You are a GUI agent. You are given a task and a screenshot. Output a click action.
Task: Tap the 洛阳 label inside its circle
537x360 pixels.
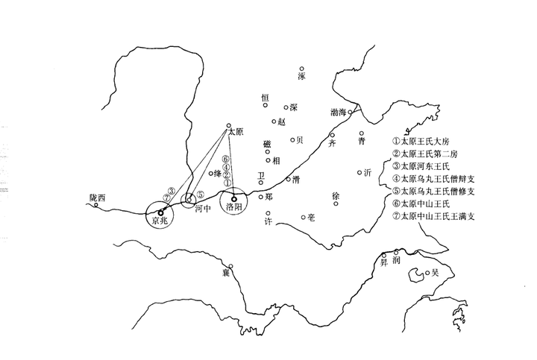click(233, 208)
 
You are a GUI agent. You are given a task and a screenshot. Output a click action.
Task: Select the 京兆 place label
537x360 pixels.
click(160, 221)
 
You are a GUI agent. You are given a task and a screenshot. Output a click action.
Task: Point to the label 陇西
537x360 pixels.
click(98, 198)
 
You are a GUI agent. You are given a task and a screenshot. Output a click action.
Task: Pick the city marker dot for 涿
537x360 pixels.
click(302, 69)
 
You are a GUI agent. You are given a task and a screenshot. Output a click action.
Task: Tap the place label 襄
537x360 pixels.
click(224, 273)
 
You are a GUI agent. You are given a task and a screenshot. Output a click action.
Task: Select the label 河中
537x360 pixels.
click(204, 209)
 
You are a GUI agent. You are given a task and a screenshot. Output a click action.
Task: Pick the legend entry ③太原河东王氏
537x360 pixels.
click(430, 166)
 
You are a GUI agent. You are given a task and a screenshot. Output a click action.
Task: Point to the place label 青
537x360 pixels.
click(362, 141)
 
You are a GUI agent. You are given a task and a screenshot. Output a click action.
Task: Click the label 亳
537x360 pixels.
click(311, 218)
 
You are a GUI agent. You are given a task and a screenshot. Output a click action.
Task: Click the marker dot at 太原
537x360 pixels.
click(229, 125)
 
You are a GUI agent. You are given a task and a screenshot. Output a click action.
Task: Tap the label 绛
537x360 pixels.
click(217, 174)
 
